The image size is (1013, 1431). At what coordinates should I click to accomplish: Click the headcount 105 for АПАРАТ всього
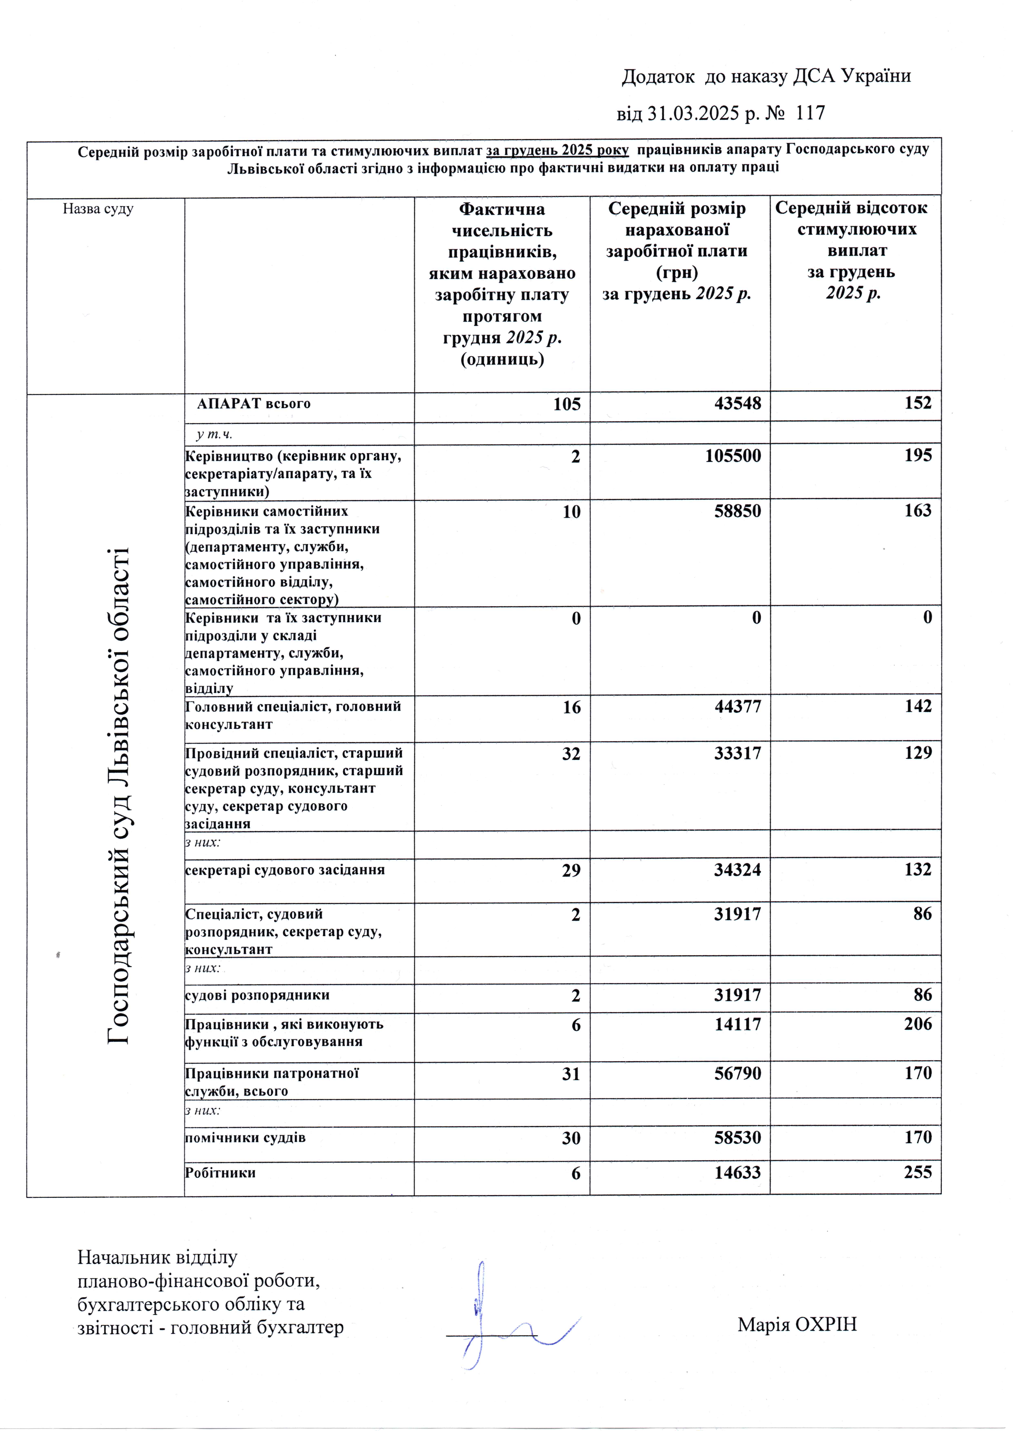click(566, 404)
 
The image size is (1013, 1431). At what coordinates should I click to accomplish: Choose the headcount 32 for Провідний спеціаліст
click(571, 753)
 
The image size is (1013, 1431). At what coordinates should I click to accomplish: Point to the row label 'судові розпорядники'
click(257, 995)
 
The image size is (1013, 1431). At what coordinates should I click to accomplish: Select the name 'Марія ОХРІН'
click(797, 1324)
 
